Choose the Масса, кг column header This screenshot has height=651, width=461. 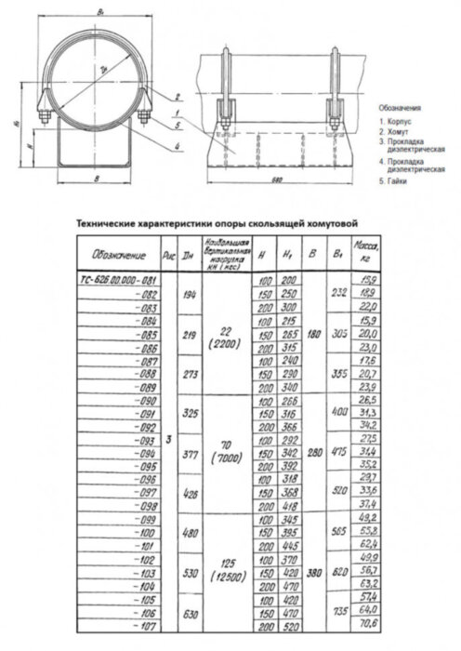[370, 253]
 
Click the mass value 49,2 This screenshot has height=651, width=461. [369, 517]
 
